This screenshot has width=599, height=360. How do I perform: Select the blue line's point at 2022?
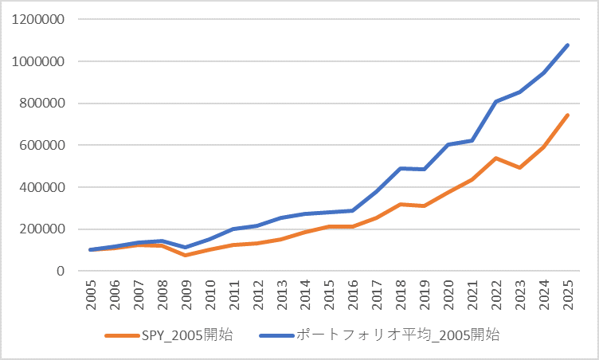point(496,101)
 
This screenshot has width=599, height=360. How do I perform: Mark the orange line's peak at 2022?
point(496,158)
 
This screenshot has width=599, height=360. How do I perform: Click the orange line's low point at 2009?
point(186,255)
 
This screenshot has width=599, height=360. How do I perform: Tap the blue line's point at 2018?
point(401,168)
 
